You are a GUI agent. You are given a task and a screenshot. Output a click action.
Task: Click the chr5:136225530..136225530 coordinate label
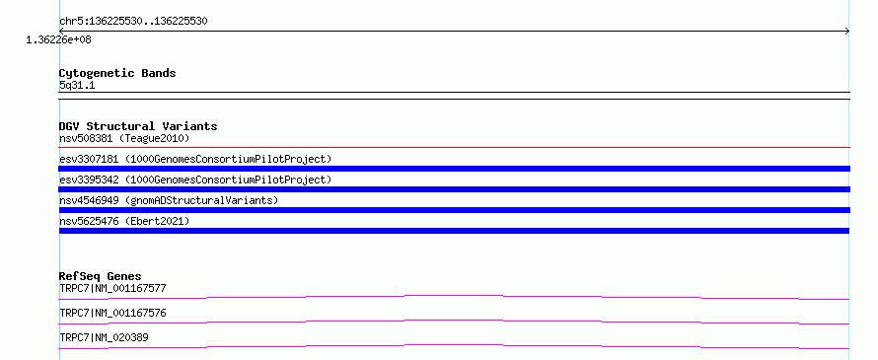tap(133, 22)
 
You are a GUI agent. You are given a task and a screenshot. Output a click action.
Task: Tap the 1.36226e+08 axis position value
tap(58, 39)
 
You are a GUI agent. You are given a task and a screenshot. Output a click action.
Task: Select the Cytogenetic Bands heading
tap(117, 73)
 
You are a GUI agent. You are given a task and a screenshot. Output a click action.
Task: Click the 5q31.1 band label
tap(77, 85)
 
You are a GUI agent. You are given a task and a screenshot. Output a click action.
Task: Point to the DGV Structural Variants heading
tap(138, 126)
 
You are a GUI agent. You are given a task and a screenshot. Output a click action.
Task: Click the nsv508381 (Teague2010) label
tap(124, 138)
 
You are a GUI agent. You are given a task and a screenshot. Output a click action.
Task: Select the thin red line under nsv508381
tap(454, 148)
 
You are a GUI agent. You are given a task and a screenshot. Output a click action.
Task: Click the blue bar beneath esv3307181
tap(454, 169)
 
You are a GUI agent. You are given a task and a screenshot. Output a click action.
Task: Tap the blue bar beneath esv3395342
tap(454, 189)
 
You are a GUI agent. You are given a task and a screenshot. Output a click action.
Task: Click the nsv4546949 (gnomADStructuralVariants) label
tap(169, 200)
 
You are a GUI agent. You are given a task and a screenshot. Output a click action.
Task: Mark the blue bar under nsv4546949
tap(454, 210)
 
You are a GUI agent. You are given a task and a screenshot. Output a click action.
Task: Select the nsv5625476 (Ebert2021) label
tap(124, 221)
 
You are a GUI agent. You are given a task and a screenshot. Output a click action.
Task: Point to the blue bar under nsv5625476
tap(454, 231)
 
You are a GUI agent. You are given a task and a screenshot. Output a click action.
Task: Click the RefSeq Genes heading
tap(100, 276)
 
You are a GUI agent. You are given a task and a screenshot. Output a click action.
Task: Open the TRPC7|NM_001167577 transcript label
tap(112, 289)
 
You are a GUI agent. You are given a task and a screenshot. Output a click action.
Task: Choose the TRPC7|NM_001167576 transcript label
tap(112, 313)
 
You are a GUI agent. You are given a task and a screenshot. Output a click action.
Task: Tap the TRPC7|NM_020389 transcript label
tap(104, 337)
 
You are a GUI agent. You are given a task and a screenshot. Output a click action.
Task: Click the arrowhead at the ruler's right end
tap(847, 32)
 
